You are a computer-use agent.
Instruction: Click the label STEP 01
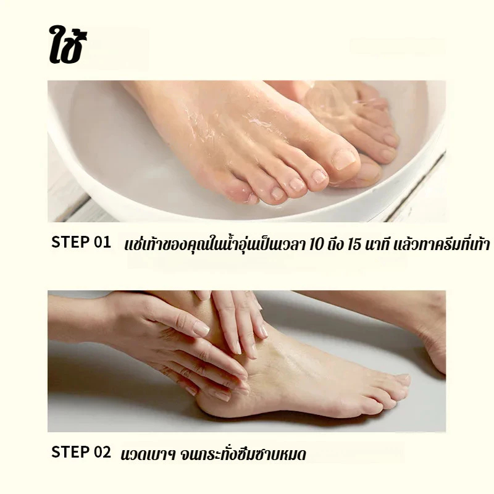[x=81, y=242]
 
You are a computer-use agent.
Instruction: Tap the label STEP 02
[x=81, y=452]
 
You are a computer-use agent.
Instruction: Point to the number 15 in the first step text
[x=354, y=245]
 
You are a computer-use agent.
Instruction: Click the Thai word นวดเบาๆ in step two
[x=148, y=455]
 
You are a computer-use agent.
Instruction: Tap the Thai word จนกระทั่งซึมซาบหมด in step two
[x=243, y=454]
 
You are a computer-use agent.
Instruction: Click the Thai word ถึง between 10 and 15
[x=335, y=244]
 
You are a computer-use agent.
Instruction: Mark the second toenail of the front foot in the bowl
[x=319, y=177]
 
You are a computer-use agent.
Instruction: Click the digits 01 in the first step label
[x=103, y=242]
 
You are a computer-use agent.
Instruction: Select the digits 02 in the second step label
[x=103, y=452]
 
